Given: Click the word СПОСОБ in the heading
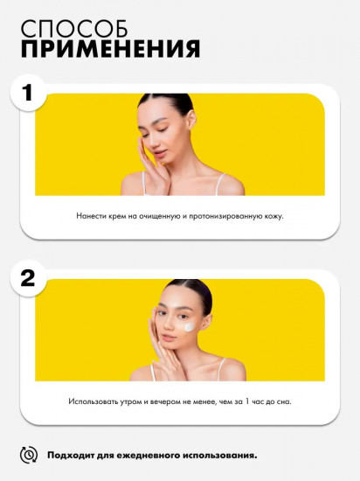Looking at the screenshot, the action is (74, 29).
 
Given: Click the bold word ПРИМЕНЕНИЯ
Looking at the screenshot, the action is (111, 49).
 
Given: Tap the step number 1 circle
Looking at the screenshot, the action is (28, 93).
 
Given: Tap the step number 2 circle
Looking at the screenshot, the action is (28, 278).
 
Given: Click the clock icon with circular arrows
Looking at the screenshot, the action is (29, 455).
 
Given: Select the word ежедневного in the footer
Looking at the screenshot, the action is (138, 456).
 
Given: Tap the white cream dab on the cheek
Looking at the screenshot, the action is (189, 327).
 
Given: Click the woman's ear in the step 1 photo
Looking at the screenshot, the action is (190, 119).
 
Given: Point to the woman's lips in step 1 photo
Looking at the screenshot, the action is (158, 152).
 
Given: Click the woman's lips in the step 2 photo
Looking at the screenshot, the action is (170, 338).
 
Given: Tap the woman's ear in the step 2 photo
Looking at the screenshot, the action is (207, 322).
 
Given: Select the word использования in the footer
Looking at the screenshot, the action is (220, 456).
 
